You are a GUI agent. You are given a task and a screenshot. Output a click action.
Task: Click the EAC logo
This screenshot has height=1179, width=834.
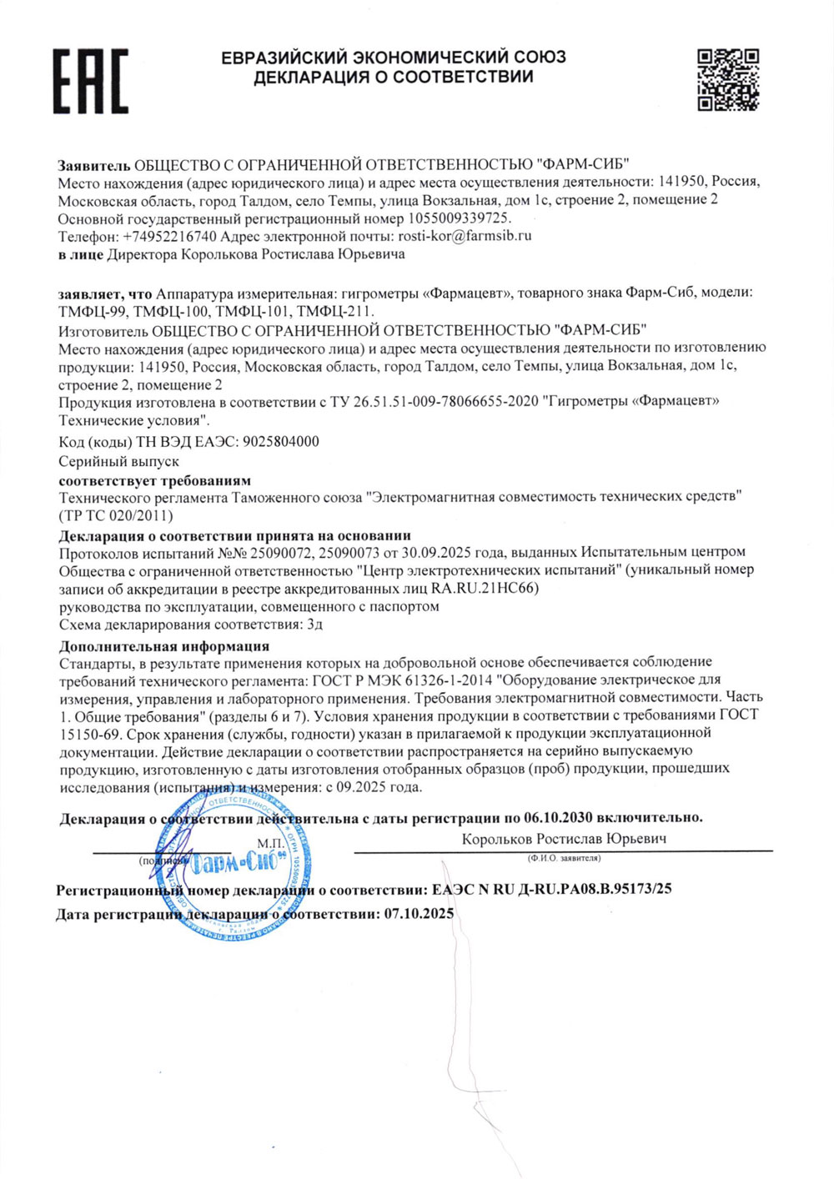(91, 81)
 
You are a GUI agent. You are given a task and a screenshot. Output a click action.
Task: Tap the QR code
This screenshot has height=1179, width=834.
(728, 79)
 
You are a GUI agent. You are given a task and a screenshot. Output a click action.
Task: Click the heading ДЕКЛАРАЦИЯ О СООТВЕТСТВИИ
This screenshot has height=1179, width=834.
(393, 78)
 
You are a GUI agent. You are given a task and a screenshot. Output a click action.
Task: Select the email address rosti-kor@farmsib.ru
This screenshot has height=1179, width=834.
(465, 236)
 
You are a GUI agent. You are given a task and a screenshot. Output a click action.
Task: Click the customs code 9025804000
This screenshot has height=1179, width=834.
(279, 442)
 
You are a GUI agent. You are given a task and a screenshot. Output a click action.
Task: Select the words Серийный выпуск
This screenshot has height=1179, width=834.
(118, 461)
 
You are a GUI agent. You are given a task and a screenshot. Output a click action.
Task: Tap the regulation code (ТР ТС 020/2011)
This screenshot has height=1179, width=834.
(116, 515)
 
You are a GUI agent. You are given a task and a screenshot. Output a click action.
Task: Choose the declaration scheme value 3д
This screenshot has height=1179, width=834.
(314, 625)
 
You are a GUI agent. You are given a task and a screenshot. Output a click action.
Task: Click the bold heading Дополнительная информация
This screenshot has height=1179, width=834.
(164, 645)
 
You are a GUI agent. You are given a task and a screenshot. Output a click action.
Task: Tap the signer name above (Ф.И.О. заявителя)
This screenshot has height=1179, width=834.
(564, 839)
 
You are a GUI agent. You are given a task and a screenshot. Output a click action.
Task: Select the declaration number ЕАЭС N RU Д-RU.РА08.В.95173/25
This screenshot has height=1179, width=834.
(552, 890)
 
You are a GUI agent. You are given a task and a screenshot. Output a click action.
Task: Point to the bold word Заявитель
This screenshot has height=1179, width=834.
(94, 163)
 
